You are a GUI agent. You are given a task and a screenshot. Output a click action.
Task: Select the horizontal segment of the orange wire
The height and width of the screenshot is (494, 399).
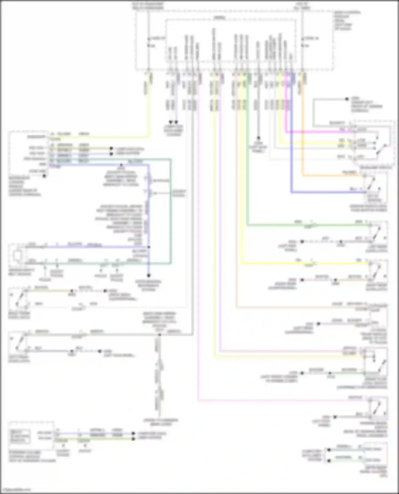click(332, 176)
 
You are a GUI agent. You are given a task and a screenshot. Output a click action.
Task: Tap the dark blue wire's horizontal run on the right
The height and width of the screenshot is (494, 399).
click(327, 192)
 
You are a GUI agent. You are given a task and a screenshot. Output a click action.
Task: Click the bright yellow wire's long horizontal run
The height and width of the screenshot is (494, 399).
click(306, 264)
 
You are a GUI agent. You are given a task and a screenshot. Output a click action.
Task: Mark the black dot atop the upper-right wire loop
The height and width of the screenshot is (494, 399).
click(347, 99)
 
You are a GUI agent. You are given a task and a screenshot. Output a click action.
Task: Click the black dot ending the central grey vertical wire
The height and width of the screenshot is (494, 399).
click(258, 138)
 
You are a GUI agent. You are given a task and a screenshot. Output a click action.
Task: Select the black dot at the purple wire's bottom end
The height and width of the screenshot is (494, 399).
click(149, 276)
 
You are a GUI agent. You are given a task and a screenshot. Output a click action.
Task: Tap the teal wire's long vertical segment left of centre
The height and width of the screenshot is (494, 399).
click(171, 212)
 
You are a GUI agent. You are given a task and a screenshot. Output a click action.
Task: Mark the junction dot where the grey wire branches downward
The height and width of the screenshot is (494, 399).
click(160, 335)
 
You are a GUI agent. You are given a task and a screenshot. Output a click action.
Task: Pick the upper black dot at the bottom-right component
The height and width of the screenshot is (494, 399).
click(329, 450)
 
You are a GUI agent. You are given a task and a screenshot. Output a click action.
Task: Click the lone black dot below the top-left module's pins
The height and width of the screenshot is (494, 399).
click(45, 176)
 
